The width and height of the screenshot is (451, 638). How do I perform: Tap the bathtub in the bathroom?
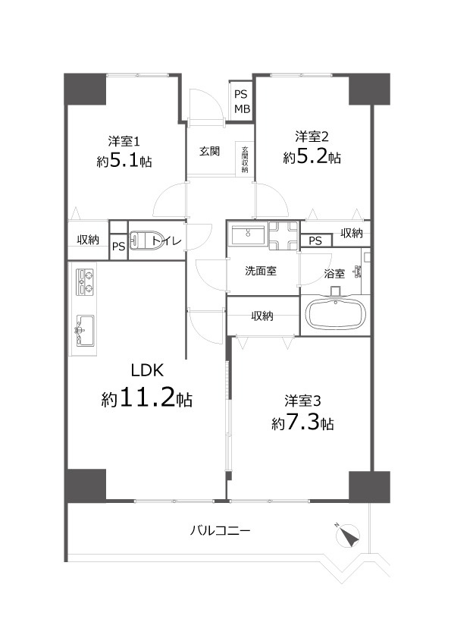(x=335, y=315)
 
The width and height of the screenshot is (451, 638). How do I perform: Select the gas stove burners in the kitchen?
(x=85, y=281)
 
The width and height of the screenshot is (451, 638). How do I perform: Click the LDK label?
(x=148, y=371)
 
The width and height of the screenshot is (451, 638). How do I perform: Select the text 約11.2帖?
(x=147, y=398)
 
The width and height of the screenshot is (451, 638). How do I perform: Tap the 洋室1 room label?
(x=123, y=140)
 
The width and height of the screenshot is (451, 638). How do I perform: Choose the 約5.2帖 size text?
(x=312, y=158)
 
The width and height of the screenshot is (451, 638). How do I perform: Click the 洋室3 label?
(x=302, y=400)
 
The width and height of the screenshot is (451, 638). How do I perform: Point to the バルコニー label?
(x=220, y=530)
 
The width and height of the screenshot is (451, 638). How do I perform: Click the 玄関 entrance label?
(x=210, y=151)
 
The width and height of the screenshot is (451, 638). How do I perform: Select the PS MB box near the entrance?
(x=241, y=102)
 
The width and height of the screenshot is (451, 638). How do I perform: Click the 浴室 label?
(x=334, y=274)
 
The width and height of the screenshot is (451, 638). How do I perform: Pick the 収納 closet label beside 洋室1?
(x=88, y=240)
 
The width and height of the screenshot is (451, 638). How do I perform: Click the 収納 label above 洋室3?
(x=262, y=316)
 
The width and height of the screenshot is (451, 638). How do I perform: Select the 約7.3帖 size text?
(x=302, y=423)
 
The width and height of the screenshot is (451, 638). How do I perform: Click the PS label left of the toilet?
(x=118, y=246)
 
